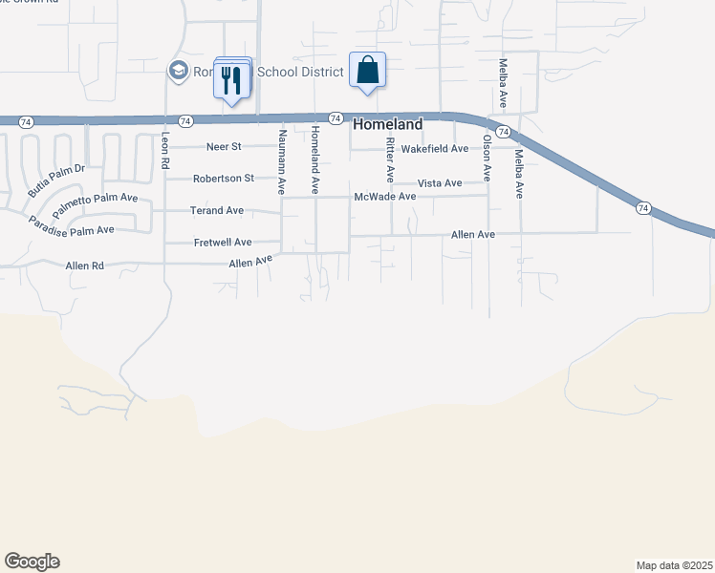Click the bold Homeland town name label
388,124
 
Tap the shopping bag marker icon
368,70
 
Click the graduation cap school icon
177,71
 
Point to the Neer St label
225,147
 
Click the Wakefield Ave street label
434,149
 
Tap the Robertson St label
223,178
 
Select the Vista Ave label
440,182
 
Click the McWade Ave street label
385,196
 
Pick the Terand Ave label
216,210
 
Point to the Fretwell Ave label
223,242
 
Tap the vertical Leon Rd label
165,151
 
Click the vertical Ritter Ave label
390,159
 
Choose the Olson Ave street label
487,158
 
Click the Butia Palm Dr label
56,180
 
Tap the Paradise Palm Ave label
71,226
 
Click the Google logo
32,562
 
